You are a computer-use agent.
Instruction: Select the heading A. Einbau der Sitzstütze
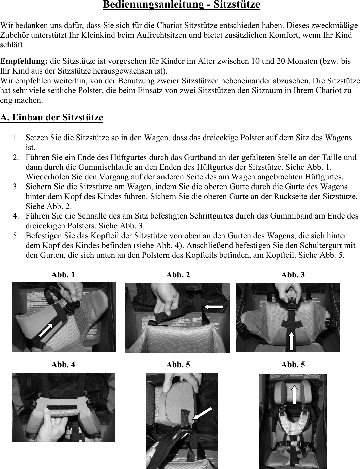[52, 117]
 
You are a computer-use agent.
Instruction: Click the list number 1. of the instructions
[16, 138]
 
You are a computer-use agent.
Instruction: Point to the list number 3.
[16, 187]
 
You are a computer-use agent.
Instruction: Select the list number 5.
[16, 236]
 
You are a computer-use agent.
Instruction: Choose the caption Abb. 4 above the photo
[63, 365]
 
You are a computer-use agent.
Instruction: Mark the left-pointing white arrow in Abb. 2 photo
[213, 307]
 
